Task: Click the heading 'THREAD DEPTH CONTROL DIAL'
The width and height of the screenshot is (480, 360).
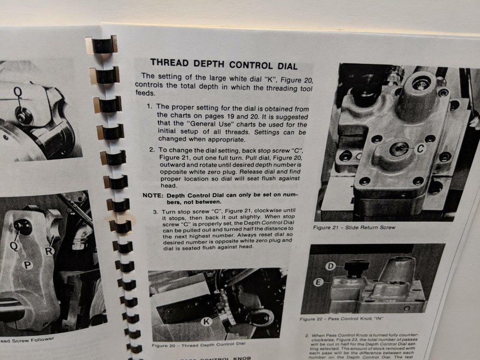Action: click(x=224, y=64)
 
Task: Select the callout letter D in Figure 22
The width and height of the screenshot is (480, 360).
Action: click(x=331, y=265)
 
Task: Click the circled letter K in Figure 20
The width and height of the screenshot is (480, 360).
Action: click(x=206, y=322)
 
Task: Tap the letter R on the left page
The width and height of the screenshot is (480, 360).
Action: click(x=49, y=251)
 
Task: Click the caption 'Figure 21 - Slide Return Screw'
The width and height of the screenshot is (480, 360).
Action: click(x=354, y=227)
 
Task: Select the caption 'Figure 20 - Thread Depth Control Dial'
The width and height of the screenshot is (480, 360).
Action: click(x=198, y=345)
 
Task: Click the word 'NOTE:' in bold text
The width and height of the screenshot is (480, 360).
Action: click(x=154, y=195)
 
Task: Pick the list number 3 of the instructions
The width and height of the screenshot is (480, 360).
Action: click(x=155, y=212)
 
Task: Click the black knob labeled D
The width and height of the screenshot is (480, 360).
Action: click(x=356, y=267)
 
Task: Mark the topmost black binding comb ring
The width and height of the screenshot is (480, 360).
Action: click(x=102, y=44)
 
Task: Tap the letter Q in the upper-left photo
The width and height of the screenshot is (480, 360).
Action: click(x=18, y=91)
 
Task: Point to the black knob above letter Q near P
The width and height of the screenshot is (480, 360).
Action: click(x=22, y=226)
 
